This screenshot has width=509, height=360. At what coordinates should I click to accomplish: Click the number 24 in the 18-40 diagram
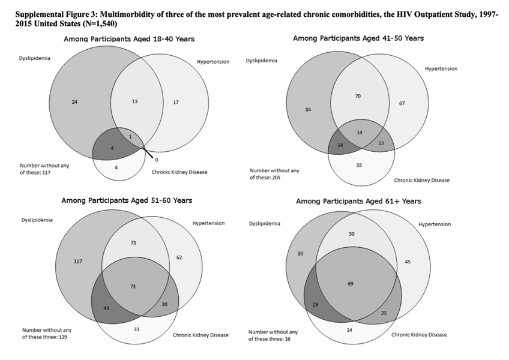(x=74, y=102)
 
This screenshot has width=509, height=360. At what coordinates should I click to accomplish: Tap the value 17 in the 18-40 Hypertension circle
(x=176, y=102)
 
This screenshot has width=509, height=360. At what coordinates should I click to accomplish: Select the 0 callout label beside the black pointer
(x=157, y=160)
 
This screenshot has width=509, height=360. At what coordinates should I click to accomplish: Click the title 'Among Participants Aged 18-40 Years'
(x=129, y=39)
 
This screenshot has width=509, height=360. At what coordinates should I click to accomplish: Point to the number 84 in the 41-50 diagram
(x=308, y=110)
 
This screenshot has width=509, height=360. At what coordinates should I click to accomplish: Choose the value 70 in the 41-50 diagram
(x=358, y=96)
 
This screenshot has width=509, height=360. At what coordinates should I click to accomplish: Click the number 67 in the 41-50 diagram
(x=402, y=103)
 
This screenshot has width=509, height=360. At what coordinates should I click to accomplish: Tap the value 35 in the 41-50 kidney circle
(x=359, y=165)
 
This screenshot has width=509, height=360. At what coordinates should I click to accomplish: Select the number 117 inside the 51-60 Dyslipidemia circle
(x=78, y=262)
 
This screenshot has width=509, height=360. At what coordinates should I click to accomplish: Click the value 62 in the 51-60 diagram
(x=179, y=257)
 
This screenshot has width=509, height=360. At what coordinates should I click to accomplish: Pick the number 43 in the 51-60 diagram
(x=106, y=308)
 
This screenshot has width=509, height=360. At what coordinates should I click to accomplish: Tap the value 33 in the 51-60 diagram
(x=136, y=329)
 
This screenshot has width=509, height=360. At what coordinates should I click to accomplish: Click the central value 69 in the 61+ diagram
(x=351, y=284)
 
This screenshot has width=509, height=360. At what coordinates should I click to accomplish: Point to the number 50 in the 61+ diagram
(x=352, y=234)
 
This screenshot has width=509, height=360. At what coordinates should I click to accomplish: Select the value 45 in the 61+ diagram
(x=408, y=262)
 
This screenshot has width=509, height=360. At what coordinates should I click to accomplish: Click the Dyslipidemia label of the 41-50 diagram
(x=262, y=61)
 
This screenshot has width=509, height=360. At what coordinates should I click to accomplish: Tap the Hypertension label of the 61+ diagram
(x=435, y=224)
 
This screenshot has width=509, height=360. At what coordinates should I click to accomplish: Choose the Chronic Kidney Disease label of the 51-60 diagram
(x=200, y=335)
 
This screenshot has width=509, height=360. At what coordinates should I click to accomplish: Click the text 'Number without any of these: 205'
(x=275, y=174)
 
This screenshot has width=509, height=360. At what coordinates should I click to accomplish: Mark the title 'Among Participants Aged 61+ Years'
(x=358, y=201)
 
